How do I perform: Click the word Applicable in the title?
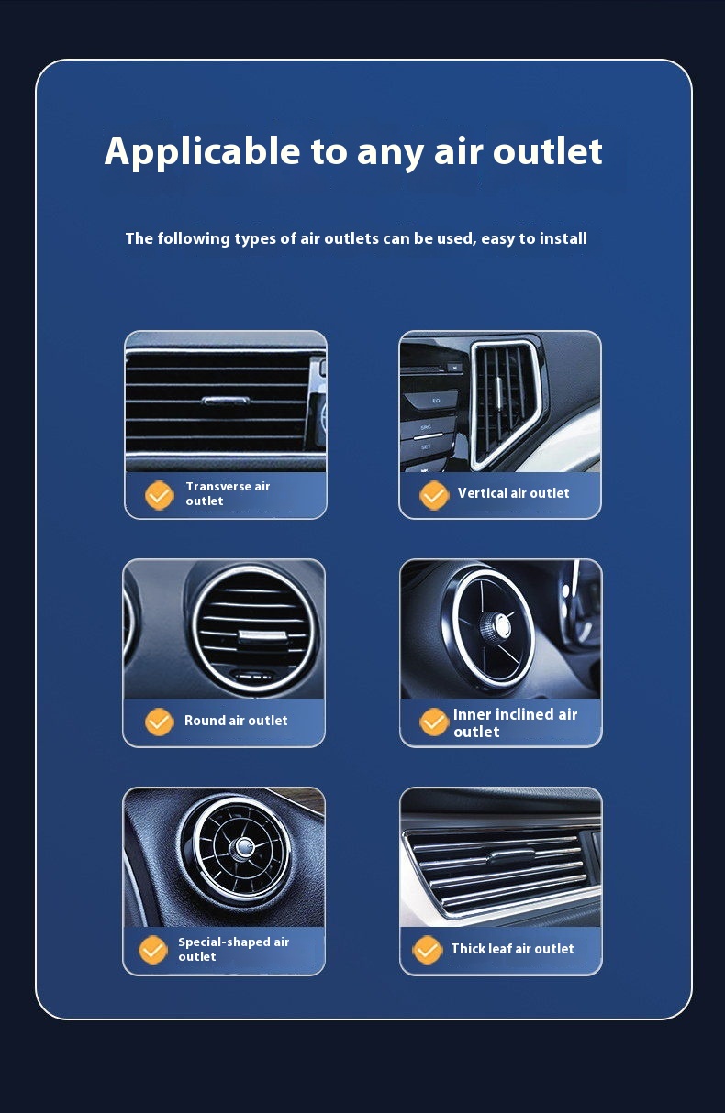pos(202,152)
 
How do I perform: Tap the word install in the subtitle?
pos(563,238)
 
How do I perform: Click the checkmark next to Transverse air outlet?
pos(159,495)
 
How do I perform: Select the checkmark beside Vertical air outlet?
pos(434,495)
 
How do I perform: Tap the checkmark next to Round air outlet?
pos(159,722)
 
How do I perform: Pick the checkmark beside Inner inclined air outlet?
pos(434,722)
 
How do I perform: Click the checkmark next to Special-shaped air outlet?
pos(153,950)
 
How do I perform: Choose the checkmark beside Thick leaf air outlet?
pos(427,950)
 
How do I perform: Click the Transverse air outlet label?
pos(228,494)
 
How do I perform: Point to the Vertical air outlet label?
pos(514,493)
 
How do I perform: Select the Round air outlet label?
pos(236,721)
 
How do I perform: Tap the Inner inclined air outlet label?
pos(515,723)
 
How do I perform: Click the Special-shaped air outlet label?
pos(234,950)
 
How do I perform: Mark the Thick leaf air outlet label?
pos(513,949)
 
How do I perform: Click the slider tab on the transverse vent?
pos(226,401)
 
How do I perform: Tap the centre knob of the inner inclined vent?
pos(497,624)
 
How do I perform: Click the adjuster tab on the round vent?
pos(263,636)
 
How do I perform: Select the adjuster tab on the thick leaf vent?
pos(512,856)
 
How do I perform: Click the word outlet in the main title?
pos(548,151)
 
